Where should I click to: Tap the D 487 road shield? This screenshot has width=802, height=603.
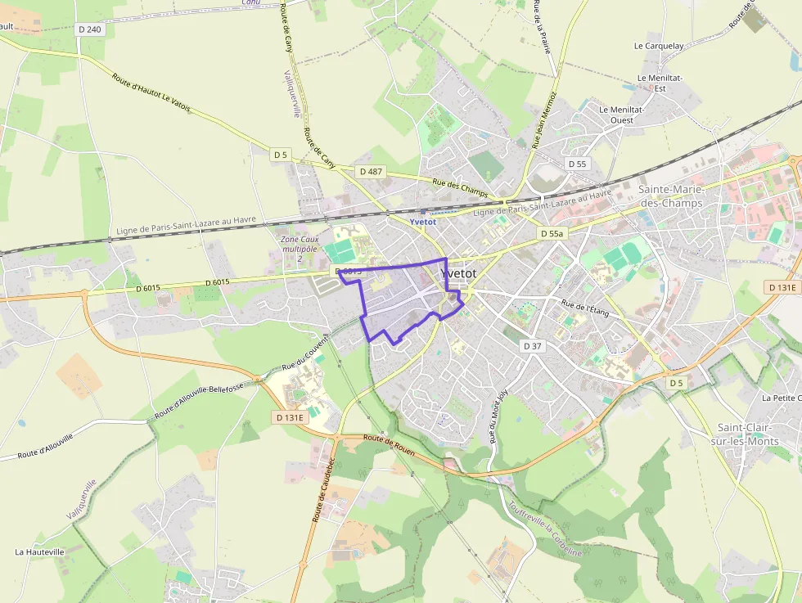click(371, 171)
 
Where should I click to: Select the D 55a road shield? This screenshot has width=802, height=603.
click(553, 234)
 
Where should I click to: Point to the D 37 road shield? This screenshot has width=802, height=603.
click(533, 346)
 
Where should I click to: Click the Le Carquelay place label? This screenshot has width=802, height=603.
click(659, 46)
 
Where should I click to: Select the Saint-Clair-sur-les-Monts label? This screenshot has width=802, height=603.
click(749, 434)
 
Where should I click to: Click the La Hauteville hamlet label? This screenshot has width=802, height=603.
click(39, 552)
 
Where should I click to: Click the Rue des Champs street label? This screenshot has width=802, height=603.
click(460, 187)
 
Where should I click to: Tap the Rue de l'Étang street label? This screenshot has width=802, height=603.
click(585, 309)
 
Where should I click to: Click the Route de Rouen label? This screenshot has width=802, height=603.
click(389, 445)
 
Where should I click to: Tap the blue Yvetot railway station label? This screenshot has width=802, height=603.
click(423, 221)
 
